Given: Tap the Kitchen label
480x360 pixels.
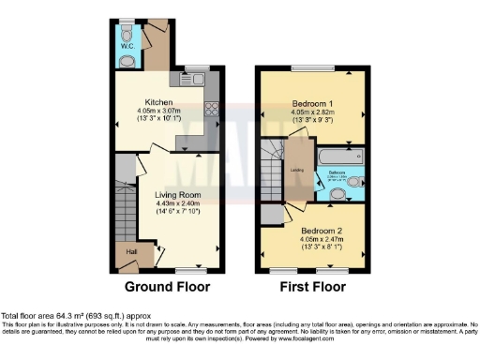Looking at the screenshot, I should click(157, 102).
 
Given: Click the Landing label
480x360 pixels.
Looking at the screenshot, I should click(295, 169).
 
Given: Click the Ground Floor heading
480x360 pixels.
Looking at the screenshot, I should click(168, 286).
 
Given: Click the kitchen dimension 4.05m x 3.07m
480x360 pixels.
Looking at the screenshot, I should click(157, 112).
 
